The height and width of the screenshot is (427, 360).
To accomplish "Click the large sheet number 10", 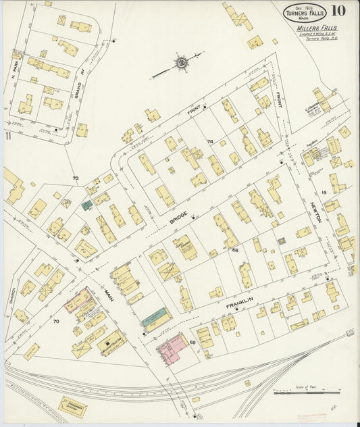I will click(x=339, y=11).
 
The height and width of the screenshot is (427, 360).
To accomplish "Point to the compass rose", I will click(x=181, y=64).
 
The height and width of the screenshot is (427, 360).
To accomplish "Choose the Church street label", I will click(x=12, y=295).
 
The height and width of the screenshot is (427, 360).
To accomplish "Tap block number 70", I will click(x=56, y=322).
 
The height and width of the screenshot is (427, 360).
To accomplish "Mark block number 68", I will click(x=235, y=251).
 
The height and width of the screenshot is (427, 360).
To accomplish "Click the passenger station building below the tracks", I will click(x=72, y=406).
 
